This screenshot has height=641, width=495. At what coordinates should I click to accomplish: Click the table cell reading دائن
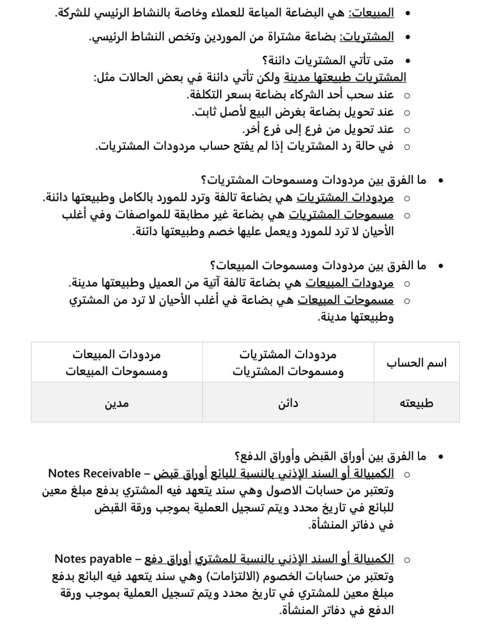tap(288, 403)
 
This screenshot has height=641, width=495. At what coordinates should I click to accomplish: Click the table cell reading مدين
tap(117, 403)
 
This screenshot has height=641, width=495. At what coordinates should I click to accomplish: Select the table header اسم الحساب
tap(416, 363)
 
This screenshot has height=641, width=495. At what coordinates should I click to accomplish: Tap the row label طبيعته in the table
tap(416, 403)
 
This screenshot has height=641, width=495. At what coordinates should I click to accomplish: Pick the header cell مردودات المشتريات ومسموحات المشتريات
tap(288, 363)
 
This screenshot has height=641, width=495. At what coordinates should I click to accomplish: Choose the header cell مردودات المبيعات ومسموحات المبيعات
tap(117, 363)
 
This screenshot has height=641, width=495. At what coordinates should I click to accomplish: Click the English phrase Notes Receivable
tap(94, 473)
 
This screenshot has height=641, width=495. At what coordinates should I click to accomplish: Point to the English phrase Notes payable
tap(93, 559)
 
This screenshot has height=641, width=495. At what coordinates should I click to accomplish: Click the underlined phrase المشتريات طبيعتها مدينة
tap(345, 78)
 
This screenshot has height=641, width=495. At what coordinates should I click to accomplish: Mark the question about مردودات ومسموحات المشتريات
tap(314, 180)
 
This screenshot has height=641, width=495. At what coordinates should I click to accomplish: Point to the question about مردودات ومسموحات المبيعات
tap(318, 266)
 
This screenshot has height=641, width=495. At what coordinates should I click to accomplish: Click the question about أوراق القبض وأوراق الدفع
tap(330, 456)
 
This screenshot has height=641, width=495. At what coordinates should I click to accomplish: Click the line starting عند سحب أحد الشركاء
tap(290, 95)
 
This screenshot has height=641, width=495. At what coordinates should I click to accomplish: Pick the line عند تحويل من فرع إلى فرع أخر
tap(318, 130)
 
